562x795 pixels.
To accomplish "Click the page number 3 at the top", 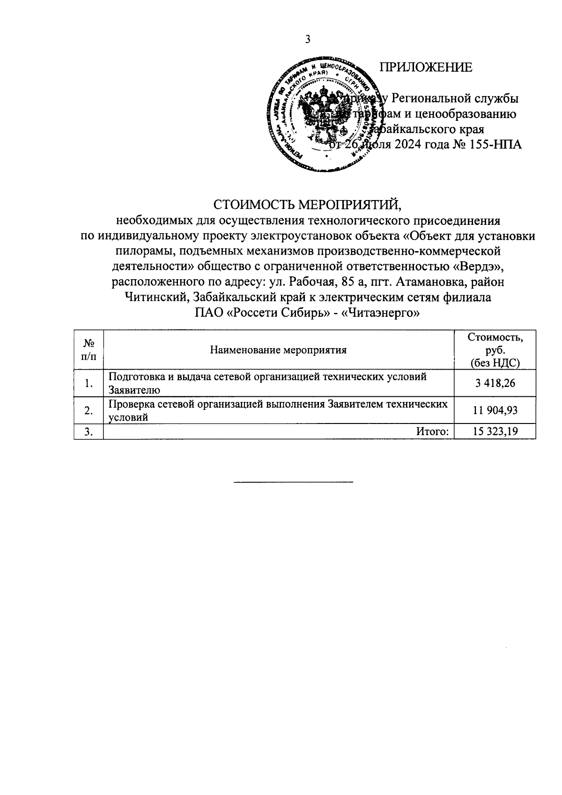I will [308, 39].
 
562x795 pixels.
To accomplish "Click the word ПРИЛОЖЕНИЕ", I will [425, 68].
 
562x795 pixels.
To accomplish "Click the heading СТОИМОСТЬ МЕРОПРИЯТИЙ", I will [308, 205].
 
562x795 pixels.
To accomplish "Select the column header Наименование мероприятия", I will [278, 350].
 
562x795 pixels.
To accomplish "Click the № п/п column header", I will [88, 350].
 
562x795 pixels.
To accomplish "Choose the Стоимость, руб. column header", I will [495, 350].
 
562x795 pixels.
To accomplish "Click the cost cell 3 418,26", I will [495, 383].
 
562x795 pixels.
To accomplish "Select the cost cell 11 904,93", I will [495, 410].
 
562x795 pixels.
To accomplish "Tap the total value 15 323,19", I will [495, 431].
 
